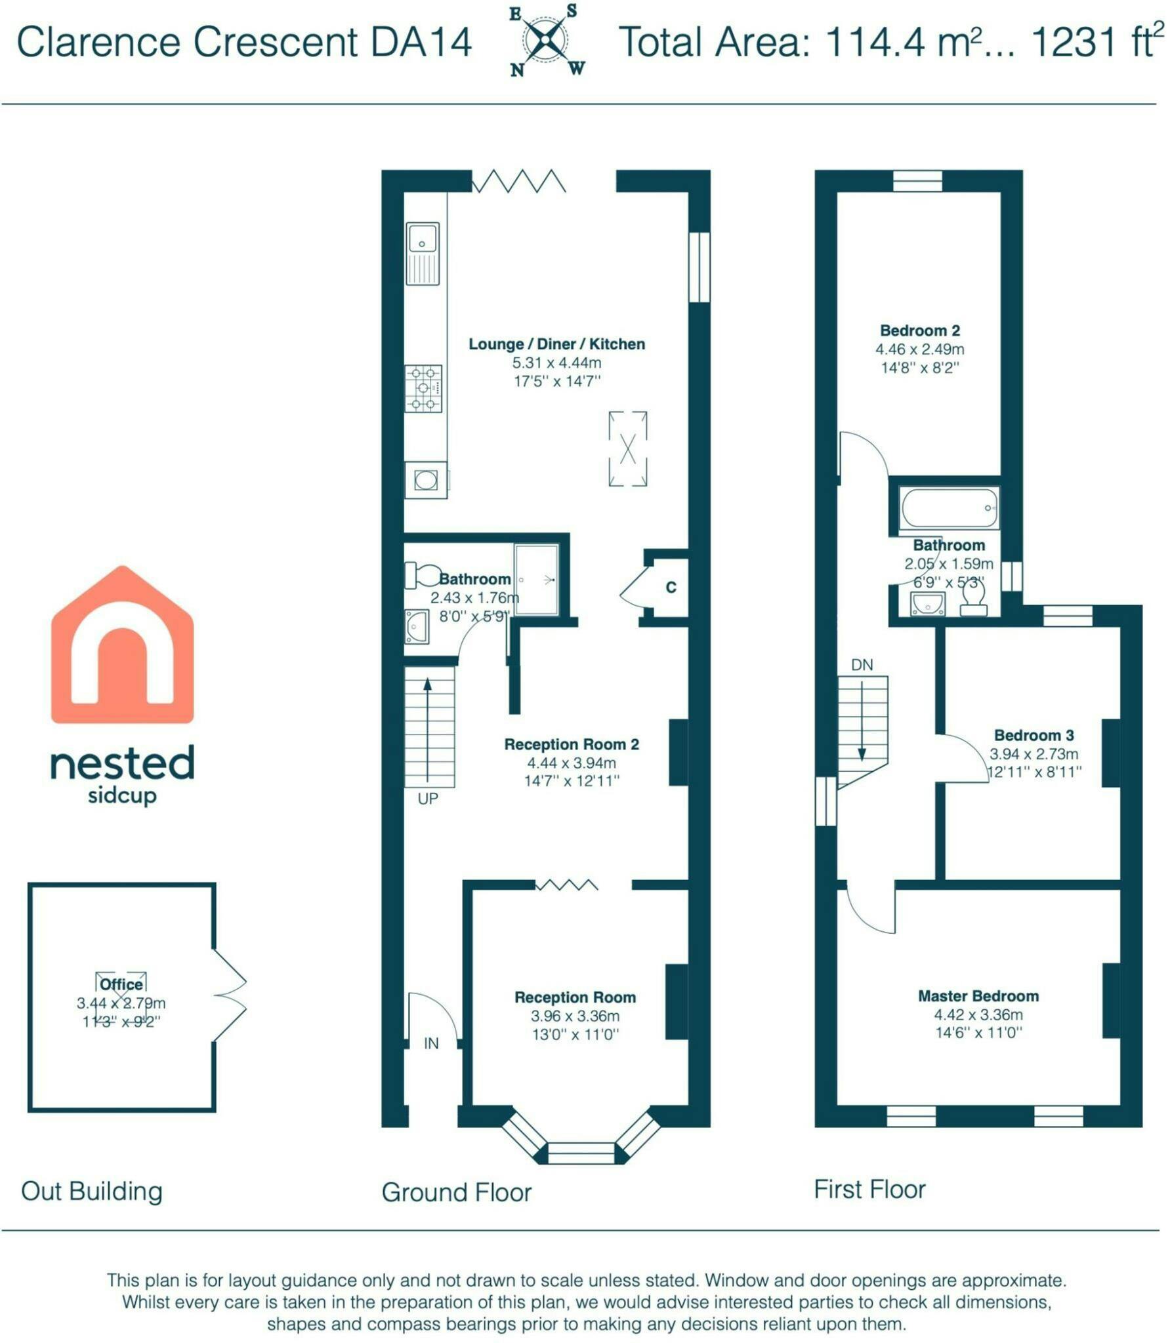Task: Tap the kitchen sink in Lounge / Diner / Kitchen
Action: click(x=422, y=253)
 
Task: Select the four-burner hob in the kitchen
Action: click(x=423, y=388)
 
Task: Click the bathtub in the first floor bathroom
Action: click(x=950, y=508)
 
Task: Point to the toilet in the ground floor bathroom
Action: click(x=423, y=575)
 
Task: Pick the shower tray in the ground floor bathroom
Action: click(x=536, y=580)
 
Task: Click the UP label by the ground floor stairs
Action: click(x=428, y=799)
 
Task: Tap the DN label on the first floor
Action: click(x=862, y=665)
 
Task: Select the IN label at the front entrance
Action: click(x=431, y=1043)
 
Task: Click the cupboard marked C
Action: click(x=671, y=587)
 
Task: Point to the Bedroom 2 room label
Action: click(x=920, y=331)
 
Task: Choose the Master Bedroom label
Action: click(x=978, y=996)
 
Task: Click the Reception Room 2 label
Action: click(x=572, y=744)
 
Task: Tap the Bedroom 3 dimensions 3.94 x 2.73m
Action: click(x=1034, y=754)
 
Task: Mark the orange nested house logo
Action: click(x=122, y=645)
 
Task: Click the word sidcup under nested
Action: click(x=122, y=796)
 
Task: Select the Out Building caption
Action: click(x=92, y=1192)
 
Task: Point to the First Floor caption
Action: click(x=869, y=1189)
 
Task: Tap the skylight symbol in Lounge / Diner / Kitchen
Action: click(x=628, y=449)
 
